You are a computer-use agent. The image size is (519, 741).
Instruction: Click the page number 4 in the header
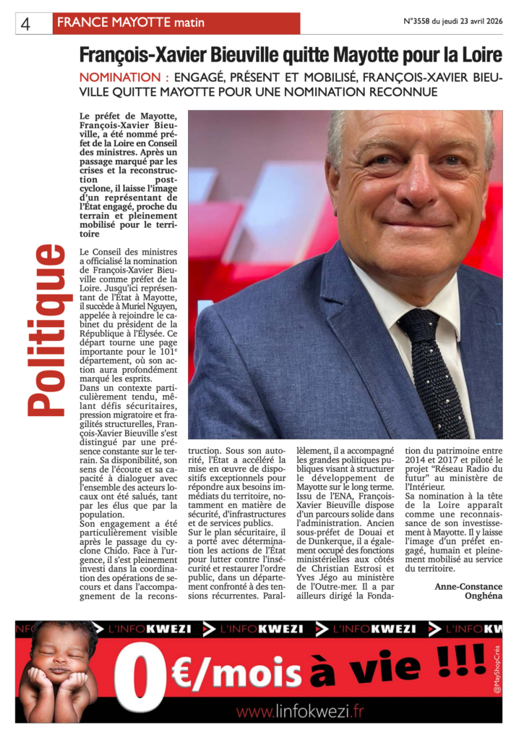tap(25, 24)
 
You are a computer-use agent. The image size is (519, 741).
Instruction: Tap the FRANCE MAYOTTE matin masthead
tap(130, 22)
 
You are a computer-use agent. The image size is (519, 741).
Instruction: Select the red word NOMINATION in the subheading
tap(119, 77)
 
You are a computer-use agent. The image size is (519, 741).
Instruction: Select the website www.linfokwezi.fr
tap(300, 712)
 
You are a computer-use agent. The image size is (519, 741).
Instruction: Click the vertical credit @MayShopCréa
tap(497, 670)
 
